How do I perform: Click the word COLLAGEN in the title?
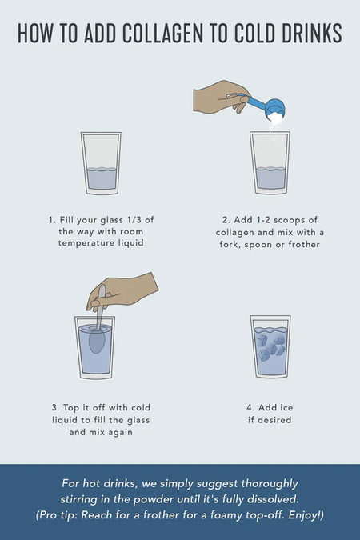click(x=162, y=34)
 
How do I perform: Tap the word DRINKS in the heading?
click(x=312, y=34)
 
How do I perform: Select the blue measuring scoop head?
click(x=275, y=109)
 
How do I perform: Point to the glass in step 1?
click(x=101, y=163)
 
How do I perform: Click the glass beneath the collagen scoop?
click(x=270, y=162)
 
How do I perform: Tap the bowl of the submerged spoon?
click(x=97, y=341)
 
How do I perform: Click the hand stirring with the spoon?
click(x=122, y=291)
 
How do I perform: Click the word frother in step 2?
click(x=304, y=244)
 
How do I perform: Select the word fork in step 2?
click(x=229, y=245)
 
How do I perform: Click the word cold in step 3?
click(x=141, y=407)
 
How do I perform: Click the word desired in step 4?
click(x=274, y=420)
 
